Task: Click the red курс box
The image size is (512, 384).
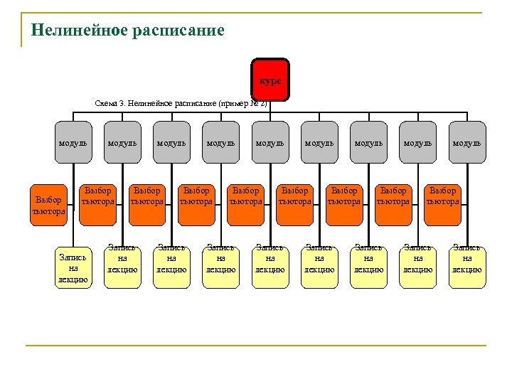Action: coord(270,80)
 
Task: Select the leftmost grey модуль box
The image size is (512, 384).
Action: coord(73,142)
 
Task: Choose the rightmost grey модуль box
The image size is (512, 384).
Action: coord(467,142)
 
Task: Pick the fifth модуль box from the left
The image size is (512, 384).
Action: coord(270,142)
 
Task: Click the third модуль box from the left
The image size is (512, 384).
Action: coord(171,142)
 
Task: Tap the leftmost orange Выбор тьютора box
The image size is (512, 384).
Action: coord(48,201)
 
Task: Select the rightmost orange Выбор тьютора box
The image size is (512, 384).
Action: coord(442,196)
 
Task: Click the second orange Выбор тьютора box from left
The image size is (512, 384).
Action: coord(98,196)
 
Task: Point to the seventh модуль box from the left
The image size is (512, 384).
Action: coord(368,142)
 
